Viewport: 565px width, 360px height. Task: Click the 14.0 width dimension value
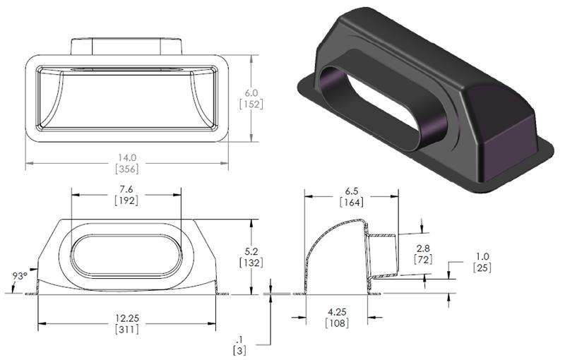pos(127,158)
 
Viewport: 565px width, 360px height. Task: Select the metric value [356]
pos(127,169)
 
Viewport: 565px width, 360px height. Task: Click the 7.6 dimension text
pos(126,190)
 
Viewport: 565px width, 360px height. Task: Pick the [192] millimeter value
pos(126,201)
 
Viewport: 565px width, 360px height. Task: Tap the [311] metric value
pos(126,330)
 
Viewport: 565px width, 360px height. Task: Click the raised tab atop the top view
pos(127,44)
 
